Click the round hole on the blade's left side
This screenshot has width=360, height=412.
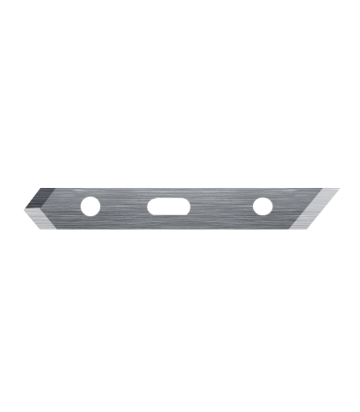pos(90,206)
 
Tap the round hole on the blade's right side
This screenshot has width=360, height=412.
pos(262,206)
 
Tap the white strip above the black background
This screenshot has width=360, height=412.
pos(180,49)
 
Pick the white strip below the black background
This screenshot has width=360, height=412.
pos(180,360)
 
